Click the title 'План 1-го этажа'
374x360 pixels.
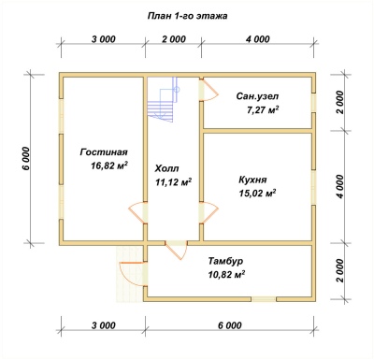187,16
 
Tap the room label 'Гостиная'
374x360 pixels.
104,152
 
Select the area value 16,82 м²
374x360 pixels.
109,166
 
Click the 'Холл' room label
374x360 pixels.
166,168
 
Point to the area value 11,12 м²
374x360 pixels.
173,181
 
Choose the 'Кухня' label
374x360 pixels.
252,180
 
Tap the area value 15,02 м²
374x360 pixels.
257,194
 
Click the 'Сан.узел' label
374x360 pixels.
257,96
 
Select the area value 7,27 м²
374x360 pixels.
263,110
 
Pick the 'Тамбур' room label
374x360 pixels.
226,261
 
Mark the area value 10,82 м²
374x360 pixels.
226,274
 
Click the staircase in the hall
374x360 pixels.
164,99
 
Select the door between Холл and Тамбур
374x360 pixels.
177,250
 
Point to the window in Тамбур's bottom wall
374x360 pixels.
264,299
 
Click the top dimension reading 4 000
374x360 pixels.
257,39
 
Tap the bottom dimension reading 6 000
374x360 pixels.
229,325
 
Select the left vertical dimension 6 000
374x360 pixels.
26,158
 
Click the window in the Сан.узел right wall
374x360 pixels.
314,103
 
